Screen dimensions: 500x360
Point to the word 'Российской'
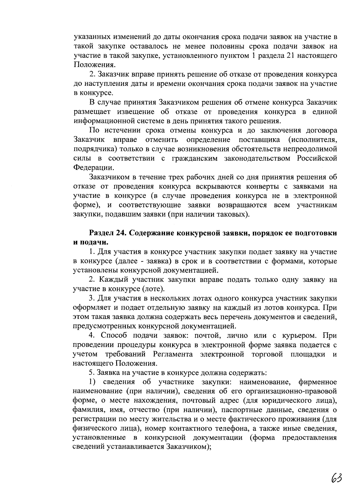317,158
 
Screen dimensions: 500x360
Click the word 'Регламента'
173,354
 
